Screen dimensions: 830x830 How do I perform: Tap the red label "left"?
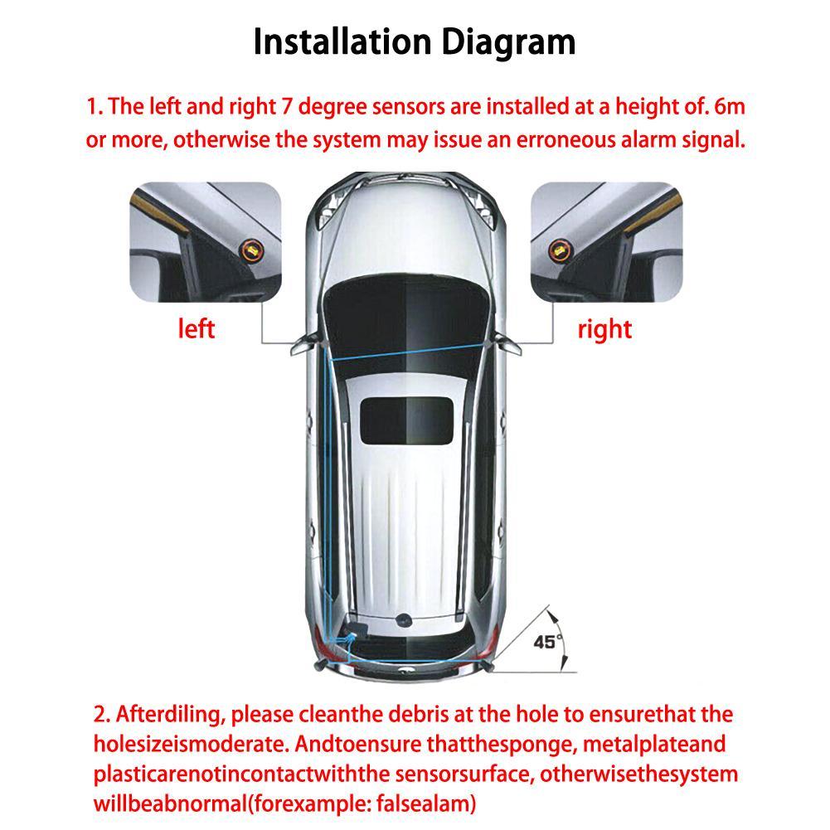click(197, 328)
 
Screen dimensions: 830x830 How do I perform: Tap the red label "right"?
click(604, 329)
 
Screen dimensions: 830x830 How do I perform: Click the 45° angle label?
click(546, 641)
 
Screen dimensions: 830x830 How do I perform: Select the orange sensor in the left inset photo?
click(251, 246)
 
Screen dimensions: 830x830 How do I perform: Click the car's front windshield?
click(405, 308)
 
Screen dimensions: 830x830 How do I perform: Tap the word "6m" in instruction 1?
click(735, 107)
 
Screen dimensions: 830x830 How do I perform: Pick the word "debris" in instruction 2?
click(406, 714)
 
